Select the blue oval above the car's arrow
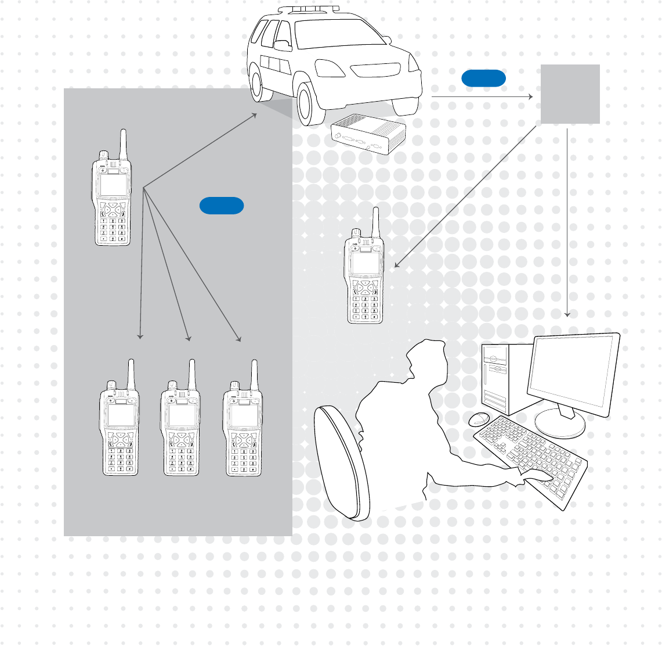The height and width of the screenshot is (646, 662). pyautogui.click(x=483, y=78)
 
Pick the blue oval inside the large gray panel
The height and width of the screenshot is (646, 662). pyautogui.click(x=221, y=206)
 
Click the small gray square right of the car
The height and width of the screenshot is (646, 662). pyautogui.click(x=570, y=94)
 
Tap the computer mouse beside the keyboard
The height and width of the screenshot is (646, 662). pyautogui.click(x=479, y=418)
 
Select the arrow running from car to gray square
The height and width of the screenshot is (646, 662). pyautogui.click(x=482, y=96)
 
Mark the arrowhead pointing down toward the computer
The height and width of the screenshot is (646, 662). pyautogui.click(x=568, y=314)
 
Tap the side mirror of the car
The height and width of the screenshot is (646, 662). pyautogui.click(x=283, y=45)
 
